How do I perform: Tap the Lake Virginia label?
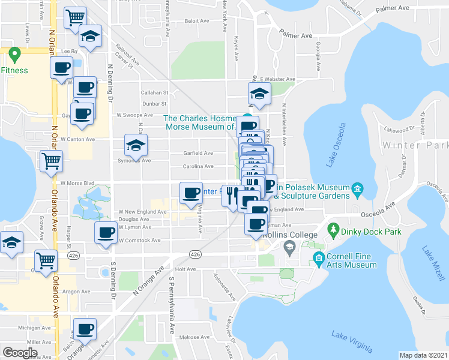click(352, 342)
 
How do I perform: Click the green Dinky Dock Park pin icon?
click(332, 229)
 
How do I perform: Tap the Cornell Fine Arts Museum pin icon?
click(318, 259)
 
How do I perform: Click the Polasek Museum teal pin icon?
click(358, 191)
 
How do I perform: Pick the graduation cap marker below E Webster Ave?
click(259, 94)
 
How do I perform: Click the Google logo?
click(20, 352)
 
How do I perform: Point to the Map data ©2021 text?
click(423, 355)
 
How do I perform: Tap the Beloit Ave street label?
click(197, 20)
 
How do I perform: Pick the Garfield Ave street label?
click(198, 152)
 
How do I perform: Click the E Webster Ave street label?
click(277, 79)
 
